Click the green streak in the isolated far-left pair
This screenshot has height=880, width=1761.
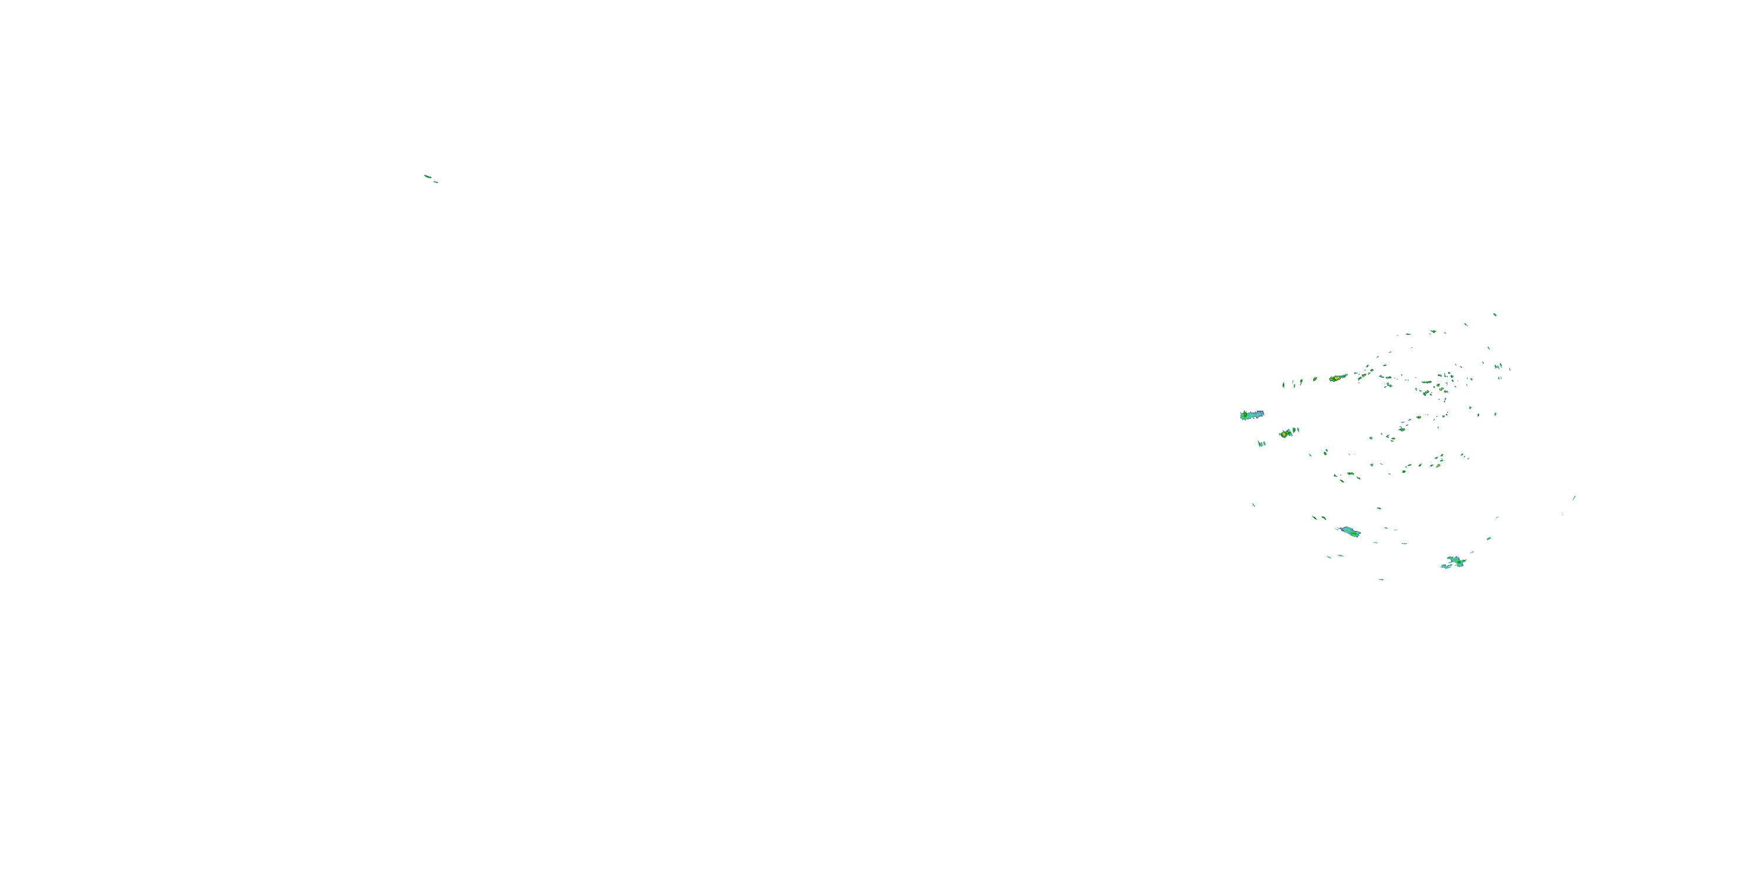coord(427,176)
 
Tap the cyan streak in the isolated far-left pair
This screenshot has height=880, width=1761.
coord(435,182)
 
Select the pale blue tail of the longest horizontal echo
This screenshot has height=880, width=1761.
coord(1257,414)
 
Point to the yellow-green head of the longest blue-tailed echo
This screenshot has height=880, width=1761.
coord(1244,415)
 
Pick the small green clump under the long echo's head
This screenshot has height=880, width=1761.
coord(1261,444)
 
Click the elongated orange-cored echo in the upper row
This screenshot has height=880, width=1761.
coord(1337,377)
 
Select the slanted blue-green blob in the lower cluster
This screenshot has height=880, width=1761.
coord(1349,531)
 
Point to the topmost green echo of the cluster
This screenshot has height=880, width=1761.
coord(1495,314)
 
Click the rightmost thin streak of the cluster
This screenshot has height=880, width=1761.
coord(1574,498)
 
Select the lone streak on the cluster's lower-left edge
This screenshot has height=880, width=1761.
coord(1253,505)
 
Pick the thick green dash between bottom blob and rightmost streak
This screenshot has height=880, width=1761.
coord(1488,539)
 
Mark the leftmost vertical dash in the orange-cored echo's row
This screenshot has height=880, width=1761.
coord(1283,385)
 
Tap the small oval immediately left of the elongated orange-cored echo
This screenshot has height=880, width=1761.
coord(1315,378)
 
